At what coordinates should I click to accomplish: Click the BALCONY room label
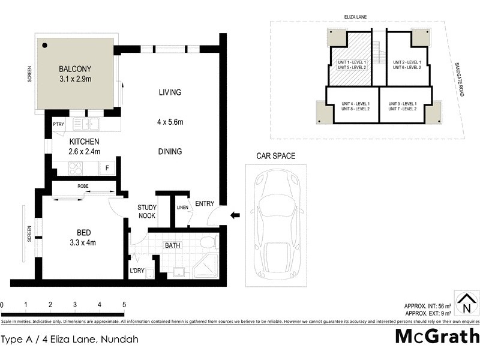75,68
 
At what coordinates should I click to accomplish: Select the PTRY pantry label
58,124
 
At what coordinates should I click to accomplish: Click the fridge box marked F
107,168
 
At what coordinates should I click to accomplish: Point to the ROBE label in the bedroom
83,187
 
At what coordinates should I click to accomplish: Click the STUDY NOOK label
147,211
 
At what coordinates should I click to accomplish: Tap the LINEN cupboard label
182,208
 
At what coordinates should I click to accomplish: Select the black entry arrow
235,214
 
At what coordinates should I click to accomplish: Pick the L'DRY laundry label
137,271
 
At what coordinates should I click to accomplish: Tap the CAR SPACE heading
276,156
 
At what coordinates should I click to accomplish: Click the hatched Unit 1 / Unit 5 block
352,65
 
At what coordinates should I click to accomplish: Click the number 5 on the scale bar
124,305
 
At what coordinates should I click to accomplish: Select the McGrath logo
436,337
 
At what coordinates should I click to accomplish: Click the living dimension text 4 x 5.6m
170,123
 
